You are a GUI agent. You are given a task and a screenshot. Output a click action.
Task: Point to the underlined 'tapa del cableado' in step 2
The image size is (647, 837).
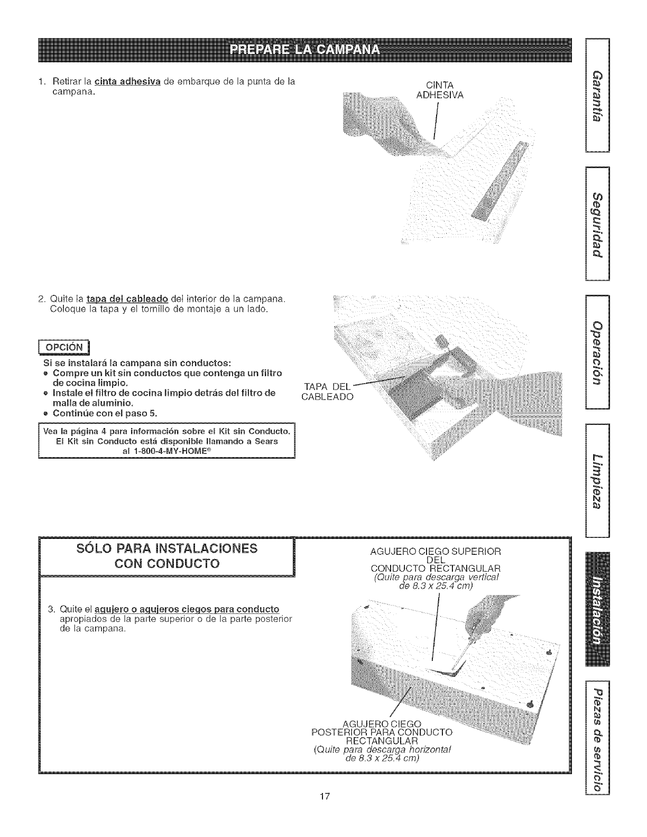(x=127, y=300)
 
